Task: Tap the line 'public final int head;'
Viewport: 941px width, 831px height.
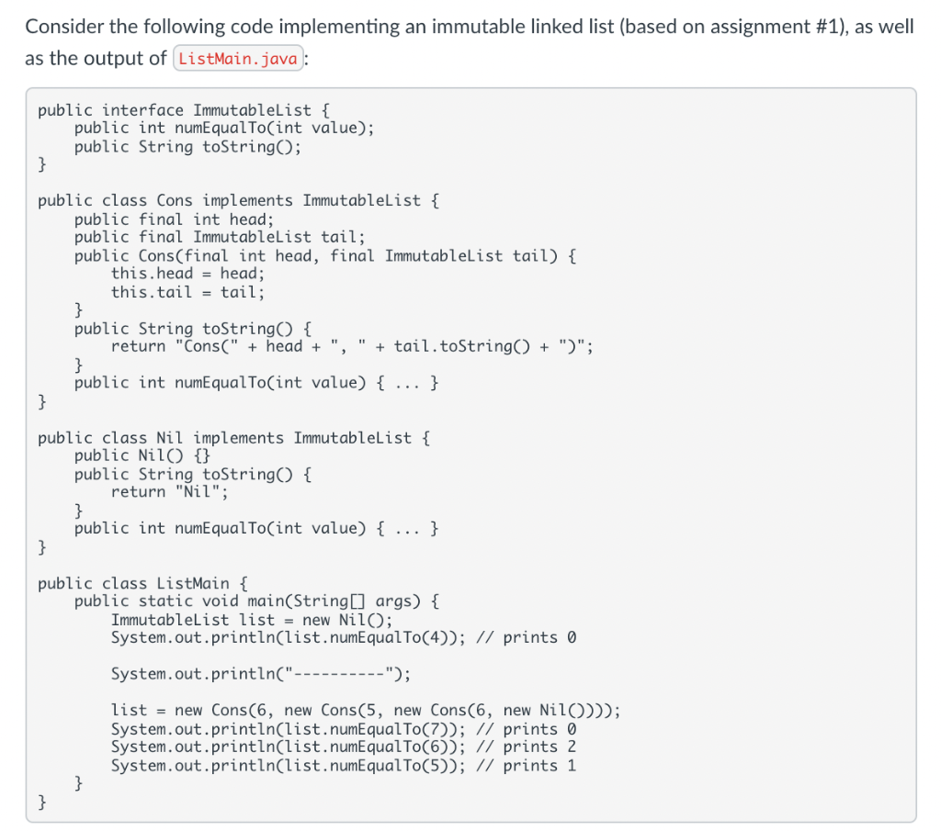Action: click(174, 219)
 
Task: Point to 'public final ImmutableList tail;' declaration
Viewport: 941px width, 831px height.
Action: click(220, 238)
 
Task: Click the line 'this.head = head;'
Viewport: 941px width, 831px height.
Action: click(187, 274)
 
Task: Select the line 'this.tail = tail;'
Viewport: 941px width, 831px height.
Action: click(187, 292)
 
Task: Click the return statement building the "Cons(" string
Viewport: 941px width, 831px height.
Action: click(354, 346)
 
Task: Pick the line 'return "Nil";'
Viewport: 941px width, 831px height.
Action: click(170, 492)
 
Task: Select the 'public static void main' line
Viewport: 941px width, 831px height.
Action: click(256, 601)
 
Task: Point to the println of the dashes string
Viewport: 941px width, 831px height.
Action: click(261, 674)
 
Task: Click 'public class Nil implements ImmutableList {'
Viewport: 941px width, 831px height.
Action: click(233, 437)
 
